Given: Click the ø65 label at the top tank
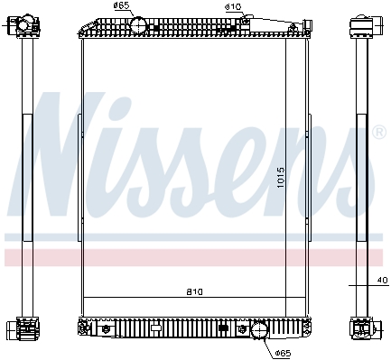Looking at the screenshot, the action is (122, 5).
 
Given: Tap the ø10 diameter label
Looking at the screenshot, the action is (233, 7).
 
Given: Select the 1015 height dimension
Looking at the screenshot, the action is (281, 178).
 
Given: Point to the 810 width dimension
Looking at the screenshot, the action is (194, 291).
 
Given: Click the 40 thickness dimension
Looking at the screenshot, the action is (383, 280).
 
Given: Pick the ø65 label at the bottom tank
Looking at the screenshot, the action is (284, 353).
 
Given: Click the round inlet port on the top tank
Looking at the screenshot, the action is (138, 25).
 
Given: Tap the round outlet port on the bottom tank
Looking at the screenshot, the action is (259, 330).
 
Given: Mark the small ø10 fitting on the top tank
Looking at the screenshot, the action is (246, 21).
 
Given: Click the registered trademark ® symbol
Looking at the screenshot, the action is (379, 133).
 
